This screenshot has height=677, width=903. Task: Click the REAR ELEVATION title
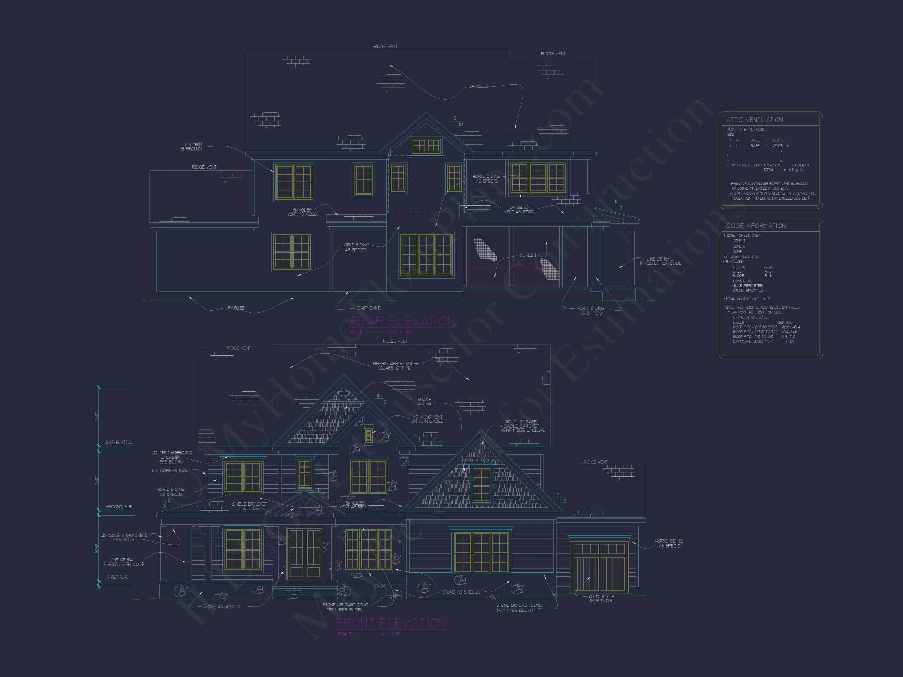coord(402,321)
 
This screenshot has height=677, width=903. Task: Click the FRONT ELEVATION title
coord(391,623)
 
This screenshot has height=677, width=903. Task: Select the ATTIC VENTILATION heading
coord(754,120)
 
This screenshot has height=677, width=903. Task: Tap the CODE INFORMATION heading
coord(756,226)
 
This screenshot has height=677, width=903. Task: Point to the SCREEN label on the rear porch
coord(527,255)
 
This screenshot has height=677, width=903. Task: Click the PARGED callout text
coord(236,308)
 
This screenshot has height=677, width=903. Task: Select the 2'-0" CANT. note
coord(369,308)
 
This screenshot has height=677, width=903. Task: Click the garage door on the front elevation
coord(600,566)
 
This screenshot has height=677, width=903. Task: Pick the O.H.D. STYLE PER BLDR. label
coord(601,599)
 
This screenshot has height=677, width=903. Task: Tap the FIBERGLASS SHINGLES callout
coord(395,366)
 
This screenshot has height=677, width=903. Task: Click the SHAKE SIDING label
coord(424,402)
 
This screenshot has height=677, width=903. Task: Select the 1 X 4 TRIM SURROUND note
coord(191,146)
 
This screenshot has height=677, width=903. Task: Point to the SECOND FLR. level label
coord(119,507)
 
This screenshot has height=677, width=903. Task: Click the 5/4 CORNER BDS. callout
coord(170,470)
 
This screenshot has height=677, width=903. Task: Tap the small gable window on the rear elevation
coord(426,146)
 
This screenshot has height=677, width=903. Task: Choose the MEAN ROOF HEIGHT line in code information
coord(747,299)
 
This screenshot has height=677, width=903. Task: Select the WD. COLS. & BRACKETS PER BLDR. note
coord(124,537)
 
